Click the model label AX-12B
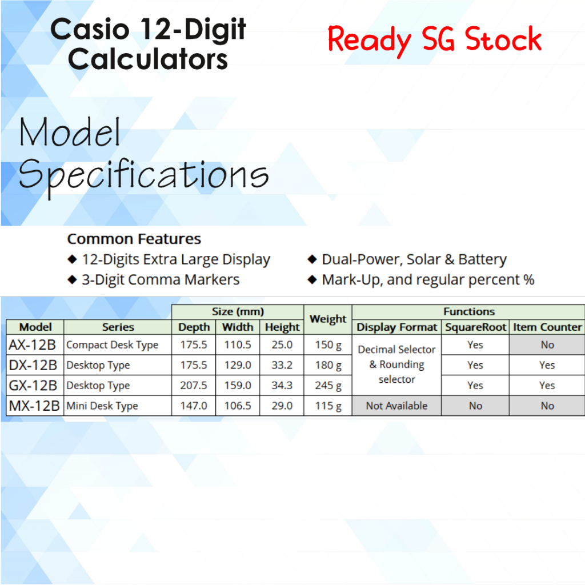pyautogui.click(x=32, y=344)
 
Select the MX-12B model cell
pyautogui.click(x=34, y=406)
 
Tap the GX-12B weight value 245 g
pyautogui.click(x=328, y=386)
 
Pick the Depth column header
pyautogui.click(x=194, y=327)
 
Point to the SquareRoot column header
pyautogui.click(x=475, y=327)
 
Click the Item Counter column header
pyautogui.click(x=547, y=327)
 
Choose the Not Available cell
pyautogui.click(x=396, y=406)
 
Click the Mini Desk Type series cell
pyautogui.click(x=102, y=406)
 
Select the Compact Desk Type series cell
pyautogui.click(x=113, y=345)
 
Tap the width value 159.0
pyautogui.click(x=238, y=386)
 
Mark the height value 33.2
pyautogui.click(x=282, y=365)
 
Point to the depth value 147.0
pyautogui.click(x=194, y=406)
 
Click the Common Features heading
pyautogui.click(x=134, y=239)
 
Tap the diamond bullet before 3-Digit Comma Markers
pyautogui.click(x=72, y=279)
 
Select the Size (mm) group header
pyautogui.click(x=238, y=311)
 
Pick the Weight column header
pyautogui.click(x=328, y=319)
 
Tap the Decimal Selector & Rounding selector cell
pyautogui.click(x=396, y=364)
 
